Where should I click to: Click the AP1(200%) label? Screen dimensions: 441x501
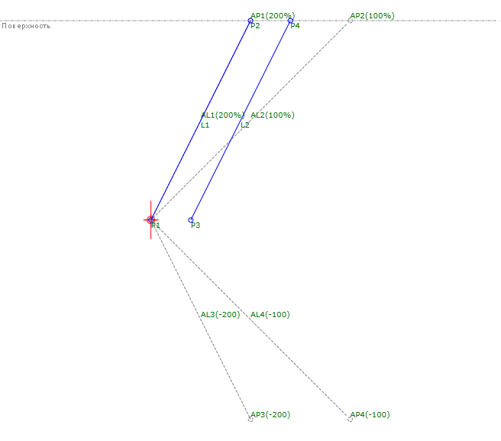(x=272, y=15)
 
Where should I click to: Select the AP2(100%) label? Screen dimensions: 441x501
(x=372, y=15)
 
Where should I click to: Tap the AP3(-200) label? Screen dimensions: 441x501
(x=270, y=414)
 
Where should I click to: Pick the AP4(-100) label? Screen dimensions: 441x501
(x=370, y=414)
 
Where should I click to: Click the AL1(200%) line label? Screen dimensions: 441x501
(x=221, y=115)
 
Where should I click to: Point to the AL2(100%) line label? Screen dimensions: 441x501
(x=272, y=115)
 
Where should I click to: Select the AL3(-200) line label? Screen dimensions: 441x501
(x=220, y=314)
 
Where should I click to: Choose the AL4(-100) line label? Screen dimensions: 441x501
(x=270, y=314)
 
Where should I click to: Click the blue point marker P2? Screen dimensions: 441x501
(x=250, y=21)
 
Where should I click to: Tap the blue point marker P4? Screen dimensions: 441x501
(x=290, y=21)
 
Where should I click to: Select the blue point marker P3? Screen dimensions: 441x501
(x=191, y=219)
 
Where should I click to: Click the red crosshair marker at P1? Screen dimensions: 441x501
(x=151, y=220)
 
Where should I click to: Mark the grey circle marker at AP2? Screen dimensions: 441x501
(x=350, y=21)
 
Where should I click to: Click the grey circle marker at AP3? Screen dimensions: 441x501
(x=250, y=419)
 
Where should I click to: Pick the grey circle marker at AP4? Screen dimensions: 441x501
(x=350, y=419)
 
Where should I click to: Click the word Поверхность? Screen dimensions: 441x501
(x=26, y=26)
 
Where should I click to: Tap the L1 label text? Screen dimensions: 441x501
(x=205, y=125)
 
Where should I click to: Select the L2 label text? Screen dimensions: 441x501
(x=244, y=125)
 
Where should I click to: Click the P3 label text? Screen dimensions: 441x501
(x=196, y=225)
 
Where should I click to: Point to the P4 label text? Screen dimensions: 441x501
(x=295, y=26)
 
